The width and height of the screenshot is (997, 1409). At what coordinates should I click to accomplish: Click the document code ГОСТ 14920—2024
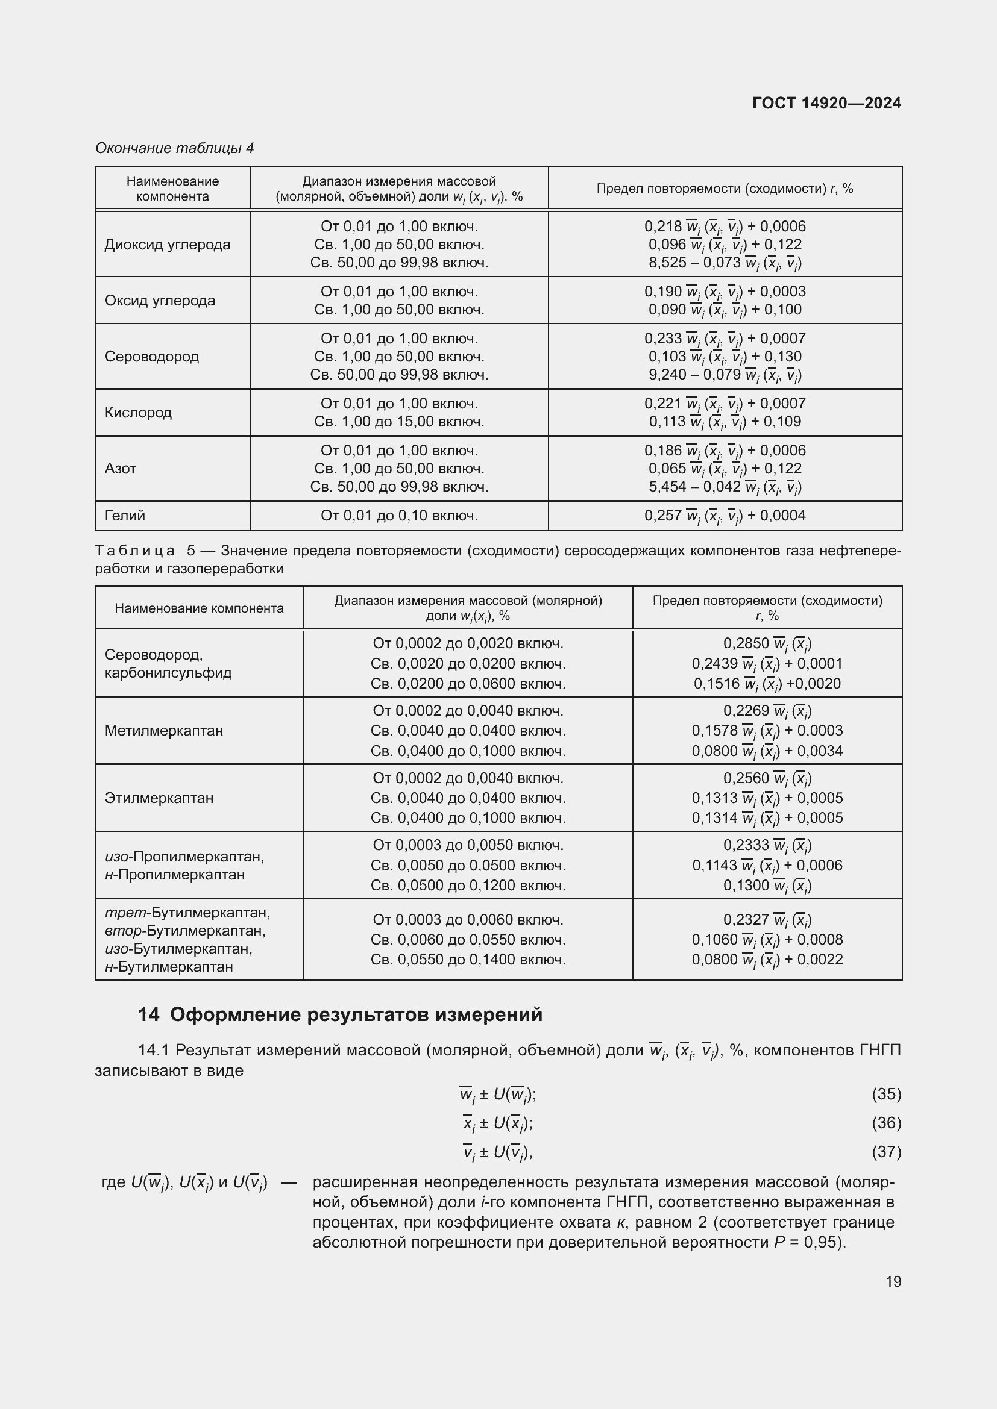[x=826, y=102]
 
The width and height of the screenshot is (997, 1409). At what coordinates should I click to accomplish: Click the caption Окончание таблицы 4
[x=174, y=148]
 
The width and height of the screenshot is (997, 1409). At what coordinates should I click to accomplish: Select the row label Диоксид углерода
[x=167, y=244]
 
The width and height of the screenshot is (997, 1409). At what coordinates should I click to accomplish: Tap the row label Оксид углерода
[x=160, y=300]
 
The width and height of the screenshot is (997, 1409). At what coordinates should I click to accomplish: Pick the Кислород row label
[x=138, y=412]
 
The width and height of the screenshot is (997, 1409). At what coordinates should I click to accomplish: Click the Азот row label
[x=121, y=468]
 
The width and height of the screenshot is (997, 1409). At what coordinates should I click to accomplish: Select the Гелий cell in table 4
[x=125, y=516]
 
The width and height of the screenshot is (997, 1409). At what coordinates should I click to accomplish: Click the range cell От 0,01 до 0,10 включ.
[x=399, y=516]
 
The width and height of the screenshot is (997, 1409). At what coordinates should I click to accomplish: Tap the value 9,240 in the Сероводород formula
[x=666, y=374]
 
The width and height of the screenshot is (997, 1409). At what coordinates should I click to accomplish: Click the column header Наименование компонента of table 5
[x=199, y=608]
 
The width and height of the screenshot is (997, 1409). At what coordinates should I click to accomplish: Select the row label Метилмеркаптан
[x=164, y=730]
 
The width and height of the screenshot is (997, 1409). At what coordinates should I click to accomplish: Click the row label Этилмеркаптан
[x=159, y=798]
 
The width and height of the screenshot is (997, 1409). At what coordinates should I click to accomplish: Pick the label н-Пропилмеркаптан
[x=175, y=874]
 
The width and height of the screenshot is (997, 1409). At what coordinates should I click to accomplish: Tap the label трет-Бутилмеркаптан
[x=187, y=913]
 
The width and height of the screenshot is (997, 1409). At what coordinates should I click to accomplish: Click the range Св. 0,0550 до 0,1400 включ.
[x=468, y=959]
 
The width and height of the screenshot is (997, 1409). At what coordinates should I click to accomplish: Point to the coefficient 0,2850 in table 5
[x=745, y=643]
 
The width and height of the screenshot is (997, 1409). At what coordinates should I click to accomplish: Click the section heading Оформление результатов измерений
[x=356, y=1015]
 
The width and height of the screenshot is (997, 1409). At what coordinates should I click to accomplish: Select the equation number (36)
[x=886, y=1123]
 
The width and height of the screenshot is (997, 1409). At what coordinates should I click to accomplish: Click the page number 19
[x=893, y=1281]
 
